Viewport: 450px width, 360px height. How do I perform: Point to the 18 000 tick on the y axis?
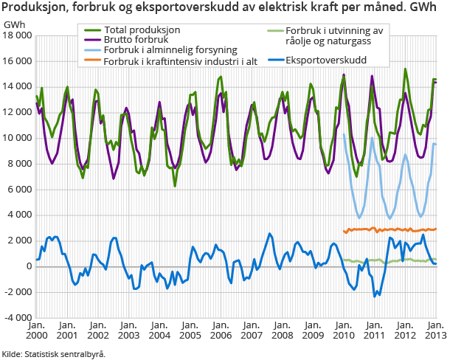tap(18, 35)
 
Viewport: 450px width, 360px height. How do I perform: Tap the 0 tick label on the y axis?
tap(29, 266)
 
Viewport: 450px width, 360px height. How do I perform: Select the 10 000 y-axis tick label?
tap(18, 138)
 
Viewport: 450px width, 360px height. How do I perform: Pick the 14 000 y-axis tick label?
tap(18, 87)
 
